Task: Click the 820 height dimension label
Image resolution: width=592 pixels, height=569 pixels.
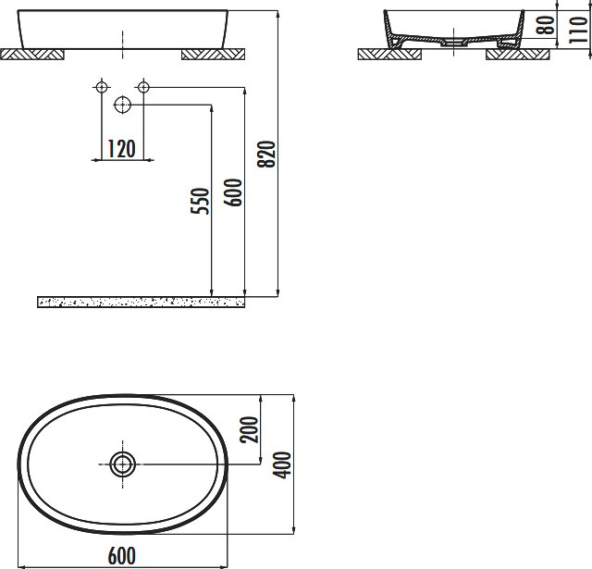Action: [266, 155]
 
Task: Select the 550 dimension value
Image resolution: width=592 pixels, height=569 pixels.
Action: [200, 201]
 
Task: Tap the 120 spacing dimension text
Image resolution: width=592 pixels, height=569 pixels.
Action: [121, 149]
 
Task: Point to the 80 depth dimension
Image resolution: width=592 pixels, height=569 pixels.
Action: [547, 25]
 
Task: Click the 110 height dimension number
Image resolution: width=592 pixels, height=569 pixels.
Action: [578, 30]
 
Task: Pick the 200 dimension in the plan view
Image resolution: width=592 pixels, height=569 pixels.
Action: [250, 429]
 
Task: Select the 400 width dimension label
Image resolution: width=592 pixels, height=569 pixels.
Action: [283, 464]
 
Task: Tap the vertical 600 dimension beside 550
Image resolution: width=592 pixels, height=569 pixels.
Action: [232, 192]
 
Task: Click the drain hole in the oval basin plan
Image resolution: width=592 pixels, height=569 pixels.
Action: [123, 464]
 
